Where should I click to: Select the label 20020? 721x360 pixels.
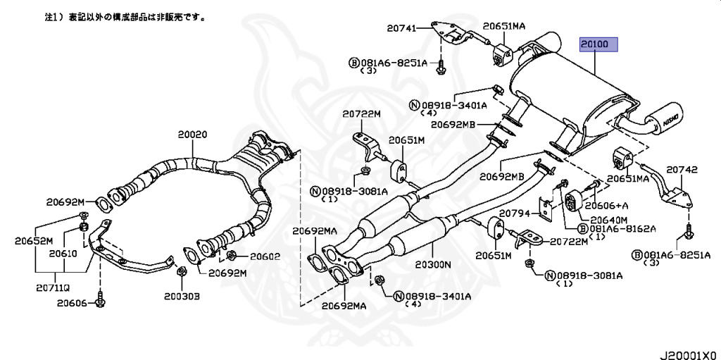[x=192, y=134]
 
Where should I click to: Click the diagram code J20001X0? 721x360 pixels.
[x=688, y=352]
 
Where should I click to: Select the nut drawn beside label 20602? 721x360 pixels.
[x=232, y=255]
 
